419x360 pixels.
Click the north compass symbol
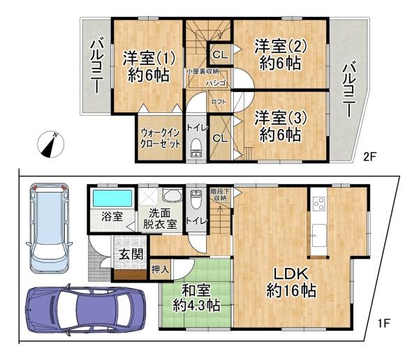[x=51, y=144]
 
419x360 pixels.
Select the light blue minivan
[x=49, y=227]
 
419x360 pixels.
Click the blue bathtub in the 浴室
[x=112, y=198]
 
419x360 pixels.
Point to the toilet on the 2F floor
[x=196, y=147]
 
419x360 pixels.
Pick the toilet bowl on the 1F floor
[x=196, y=199]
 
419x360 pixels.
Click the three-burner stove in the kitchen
[x=319, y=204]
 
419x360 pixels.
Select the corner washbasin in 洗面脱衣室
[x=172, y=196]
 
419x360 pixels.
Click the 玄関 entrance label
[x=131, y=254]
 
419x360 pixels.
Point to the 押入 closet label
[x=161, y=269]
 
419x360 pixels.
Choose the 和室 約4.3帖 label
[x=196, y=298]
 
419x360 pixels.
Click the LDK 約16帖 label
[x=291, y=283]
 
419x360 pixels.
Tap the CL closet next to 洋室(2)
[x=220, y=54]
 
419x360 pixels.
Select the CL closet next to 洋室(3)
[x=220, y=138]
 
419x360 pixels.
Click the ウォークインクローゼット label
[x=161, y=138]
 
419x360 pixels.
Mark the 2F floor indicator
[x=369, y=157]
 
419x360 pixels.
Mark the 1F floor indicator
[x=384, y=324]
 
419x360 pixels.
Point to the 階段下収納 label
[x=220, y=195]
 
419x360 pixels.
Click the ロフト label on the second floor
[x=219, y=102]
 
